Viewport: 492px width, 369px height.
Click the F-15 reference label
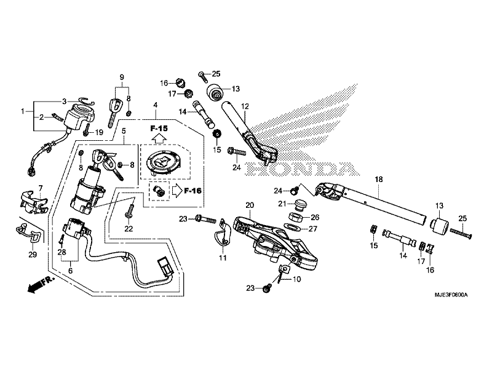(159, 129)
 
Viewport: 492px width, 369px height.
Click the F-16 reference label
(192, 191)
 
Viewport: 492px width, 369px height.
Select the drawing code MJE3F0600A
(451, 295)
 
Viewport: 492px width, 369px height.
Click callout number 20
(250, 205)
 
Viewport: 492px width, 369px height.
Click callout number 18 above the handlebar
(379, 180)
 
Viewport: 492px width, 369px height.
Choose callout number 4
(156, 105)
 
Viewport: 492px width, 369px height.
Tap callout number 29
(33, 255)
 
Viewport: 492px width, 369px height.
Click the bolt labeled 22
(129, 211)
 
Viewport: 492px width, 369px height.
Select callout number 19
(99, 132)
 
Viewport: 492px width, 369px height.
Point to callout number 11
(223, 258)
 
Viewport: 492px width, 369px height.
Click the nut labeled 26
(295, 216)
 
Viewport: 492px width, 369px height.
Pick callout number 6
(70, 271)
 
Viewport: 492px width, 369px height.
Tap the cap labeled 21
(300, 205)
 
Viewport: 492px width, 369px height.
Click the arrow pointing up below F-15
(159, 138)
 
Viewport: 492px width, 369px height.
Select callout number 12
(245, 106)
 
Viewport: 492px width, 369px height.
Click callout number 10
(296, 279)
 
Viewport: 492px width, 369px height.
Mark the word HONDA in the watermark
(303, 169)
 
